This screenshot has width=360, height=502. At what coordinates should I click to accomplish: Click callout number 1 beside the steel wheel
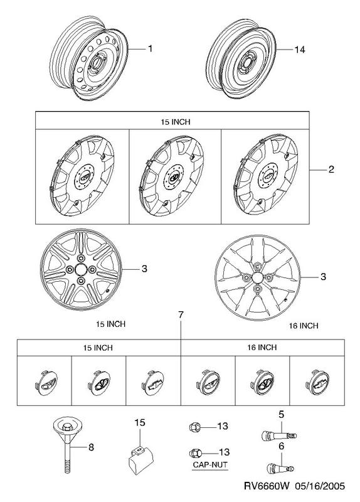(150, 49)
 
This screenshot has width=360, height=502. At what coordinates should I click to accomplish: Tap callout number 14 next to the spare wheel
(300, 50)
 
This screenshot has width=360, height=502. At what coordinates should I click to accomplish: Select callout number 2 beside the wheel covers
(331, 169)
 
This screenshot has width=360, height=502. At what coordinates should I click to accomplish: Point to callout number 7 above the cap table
(181, 315)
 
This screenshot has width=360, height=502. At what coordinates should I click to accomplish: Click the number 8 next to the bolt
(91, 447)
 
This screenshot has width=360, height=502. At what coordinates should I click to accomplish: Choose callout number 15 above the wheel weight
(140, 422)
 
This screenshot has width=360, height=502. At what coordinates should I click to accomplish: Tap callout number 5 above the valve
(281, 415)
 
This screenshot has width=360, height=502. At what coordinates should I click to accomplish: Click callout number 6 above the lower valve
(281, 446)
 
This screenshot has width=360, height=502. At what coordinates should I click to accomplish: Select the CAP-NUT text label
(210, 464)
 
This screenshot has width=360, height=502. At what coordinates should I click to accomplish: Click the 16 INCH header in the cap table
(262, 348)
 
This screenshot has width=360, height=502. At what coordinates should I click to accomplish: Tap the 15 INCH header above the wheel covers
(176, 122)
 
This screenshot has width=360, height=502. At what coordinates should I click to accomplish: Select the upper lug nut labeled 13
(195, 427)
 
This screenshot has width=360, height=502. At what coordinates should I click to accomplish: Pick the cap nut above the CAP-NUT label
(195, 453)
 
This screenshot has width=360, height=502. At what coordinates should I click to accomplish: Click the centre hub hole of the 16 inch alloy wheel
(258, 277)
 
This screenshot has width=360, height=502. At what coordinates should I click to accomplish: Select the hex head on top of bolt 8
(67, 426)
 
